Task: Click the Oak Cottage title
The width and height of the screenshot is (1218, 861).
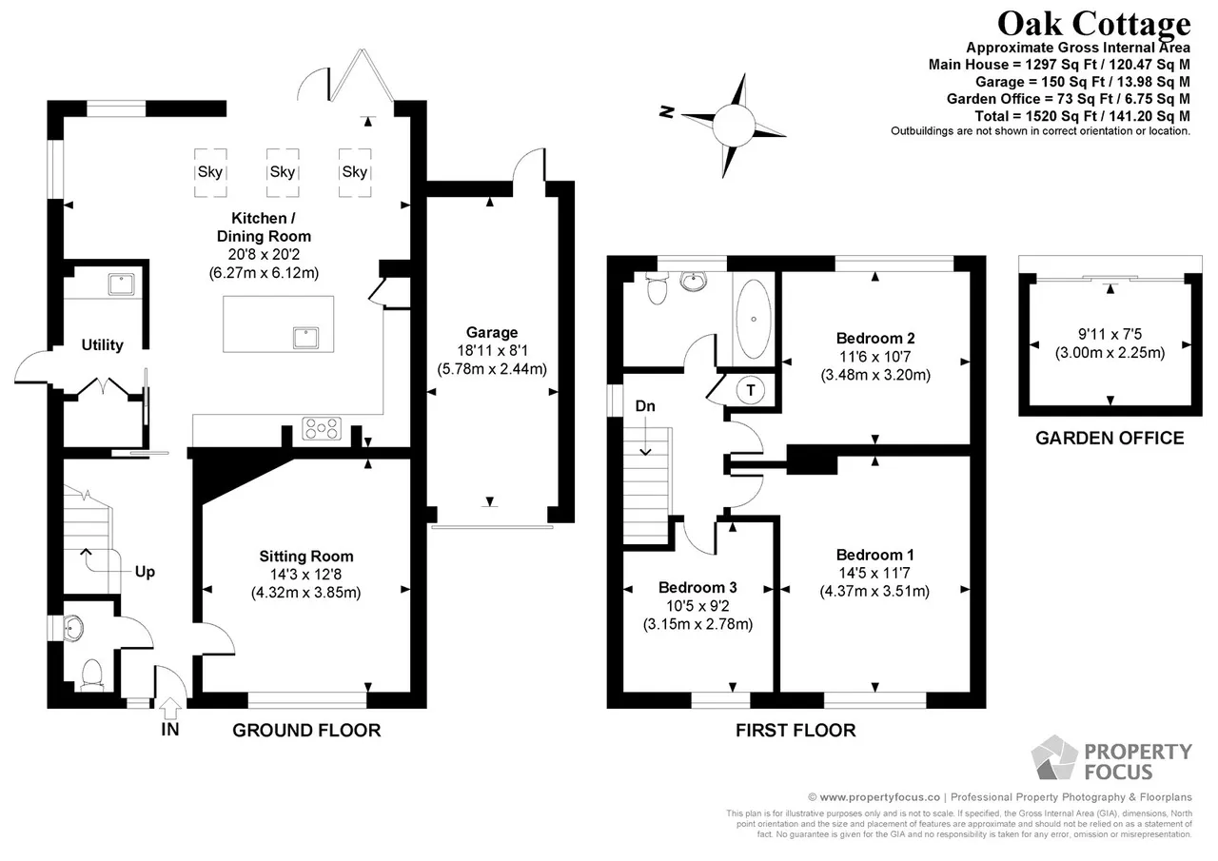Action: click(x=1093, y=24)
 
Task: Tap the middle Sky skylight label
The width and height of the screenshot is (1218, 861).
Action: click(x=283, y=172)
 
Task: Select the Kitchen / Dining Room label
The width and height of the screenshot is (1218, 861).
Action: click(x=264, y=226)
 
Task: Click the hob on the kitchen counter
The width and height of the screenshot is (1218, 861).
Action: click(x=322, y=428)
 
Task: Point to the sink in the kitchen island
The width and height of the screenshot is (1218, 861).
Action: click(x=305, y=338)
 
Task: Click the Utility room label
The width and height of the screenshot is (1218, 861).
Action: click(x=102, y=344)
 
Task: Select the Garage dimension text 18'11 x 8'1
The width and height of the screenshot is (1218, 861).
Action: click(x=492, y=351)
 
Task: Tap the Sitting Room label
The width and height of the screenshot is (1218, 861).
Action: click(x=306, y=556)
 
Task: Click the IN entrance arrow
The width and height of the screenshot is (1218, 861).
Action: click(x=170, y=709)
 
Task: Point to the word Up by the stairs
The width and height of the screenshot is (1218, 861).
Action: click(x=145, y=572)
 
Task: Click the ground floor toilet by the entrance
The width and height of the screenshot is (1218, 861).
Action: click(x=92, y=675)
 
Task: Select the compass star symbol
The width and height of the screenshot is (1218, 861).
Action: click(x=734, y=126)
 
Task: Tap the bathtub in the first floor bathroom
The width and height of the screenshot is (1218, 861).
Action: click(x=753, y=319)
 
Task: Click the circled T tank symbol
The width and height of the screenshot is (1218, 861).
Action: click(x=751, y=390)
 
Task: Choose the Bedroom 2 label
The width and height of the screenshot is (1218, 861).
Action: click(x=875, y=338)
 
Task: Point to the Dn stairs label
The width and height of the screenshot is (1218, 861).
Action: click(x=645, y=405)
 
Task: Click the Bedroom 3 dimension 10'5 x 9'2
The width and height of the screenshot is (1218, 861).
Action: click(x=697, y=605)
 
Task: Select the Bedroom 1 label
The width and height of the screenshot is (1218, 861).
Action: click(x=874, y=555)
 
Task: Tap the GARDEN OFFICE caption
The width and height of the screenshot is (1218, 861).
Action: click(x=1110, y=438)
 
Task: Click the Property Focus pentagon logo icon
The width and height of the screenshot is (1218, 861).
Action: click(x=1054, y=757)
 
